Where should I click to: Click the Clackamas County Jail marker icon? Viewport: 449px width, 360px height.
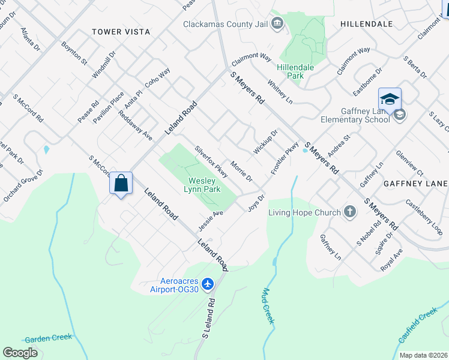[277, 24]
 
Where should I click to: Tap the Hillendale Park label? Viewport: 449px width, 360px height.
[295, 72]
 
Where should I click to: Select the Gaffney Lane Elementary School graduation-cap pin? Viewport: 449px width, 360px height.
[390, 99]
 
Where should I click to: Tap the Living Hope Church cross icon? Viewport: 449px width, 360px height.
[350, 212]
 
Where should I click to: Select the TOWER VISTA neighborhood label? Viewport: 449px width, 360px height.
[121, 32]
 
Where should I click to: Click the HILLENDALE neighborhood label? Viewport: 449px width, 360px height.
[366, 24]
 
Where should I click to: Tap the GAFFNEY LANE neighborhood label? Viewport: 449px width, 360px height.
[415, 183]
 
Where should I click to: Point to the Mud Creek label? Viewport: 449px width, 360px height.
[268, 307]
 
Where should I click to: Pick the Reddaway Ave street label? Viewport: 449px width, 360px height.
[139, 125]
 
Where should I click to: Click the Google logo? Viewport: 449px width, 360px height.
[20, 353]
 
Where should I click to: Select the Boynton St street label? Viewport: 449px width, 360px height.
[74, 53]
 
